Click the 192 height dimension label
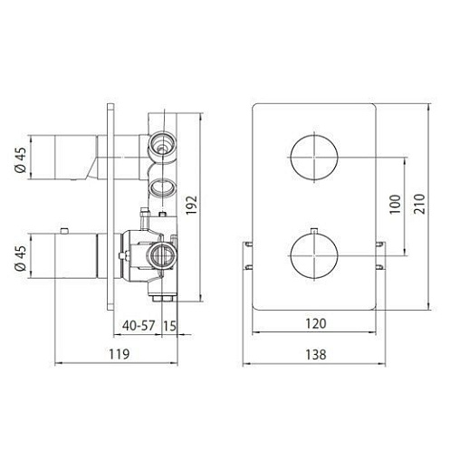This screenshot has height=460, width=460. pos(191,206)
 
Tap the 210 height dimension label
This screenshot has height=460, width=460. pos(419,204)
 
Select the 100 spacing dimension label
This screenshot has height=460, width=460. pos(395,205)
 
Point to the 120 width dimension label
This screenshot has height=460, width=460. pos(316,323)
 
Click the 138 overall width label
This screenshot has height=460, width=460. pos(316,355)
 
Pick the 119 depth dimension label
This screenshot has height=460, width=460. pos(120,354)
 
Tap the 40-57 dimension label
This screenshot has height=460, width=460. pos(139,325)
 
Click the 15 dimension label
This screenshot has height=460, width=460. pos(169,326)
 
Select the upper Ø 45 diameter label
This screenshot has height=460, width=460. pos(21,160)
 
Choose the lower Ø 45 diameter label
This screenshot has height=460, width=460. pos(21,258)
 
